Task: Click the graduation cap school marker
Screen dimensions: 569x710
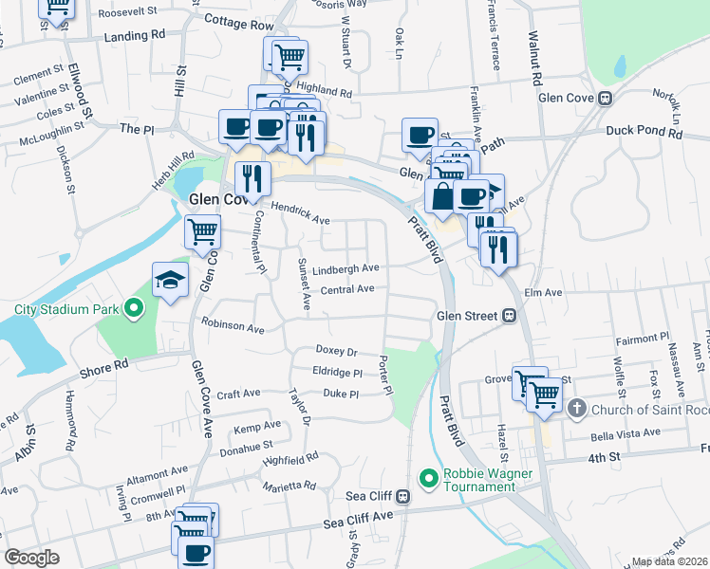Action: click(x=170, y=280)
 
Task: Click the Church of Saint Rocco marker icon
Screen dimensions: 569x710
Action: click(x=576, y=409)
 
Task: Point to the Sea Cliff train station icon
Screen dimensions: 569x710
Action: click(x=402, y=495)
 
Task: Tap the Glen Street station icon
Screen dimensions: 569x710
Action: click(x=509, y=316)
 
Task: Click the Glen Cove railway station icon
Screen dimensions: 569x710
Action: click(x=604, y=98)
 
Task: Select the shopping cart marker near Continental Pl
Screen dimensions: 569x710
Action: click(x=202, y=230)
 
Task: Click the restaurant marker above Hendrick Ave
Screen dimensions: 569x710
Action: click(x=252, y=176)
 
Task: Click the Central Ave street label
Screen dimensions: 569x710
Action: click(x=347, y=289)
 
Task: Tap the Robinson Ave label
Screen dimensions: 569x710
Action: click(x=233, y=326)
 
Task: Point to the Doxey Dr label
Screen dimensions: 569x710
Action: click(x=336, y=351)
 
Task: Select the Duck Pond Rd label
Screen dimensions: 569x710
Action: click(x=645, y=134)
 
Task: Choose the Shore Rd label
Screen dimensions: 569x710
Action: click(x=104, y=367)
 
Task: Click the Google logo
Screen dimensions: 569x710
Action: click(x=31, y=558)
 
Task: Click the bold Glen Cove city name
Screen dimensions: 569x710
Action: click(x=218, y=199)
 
